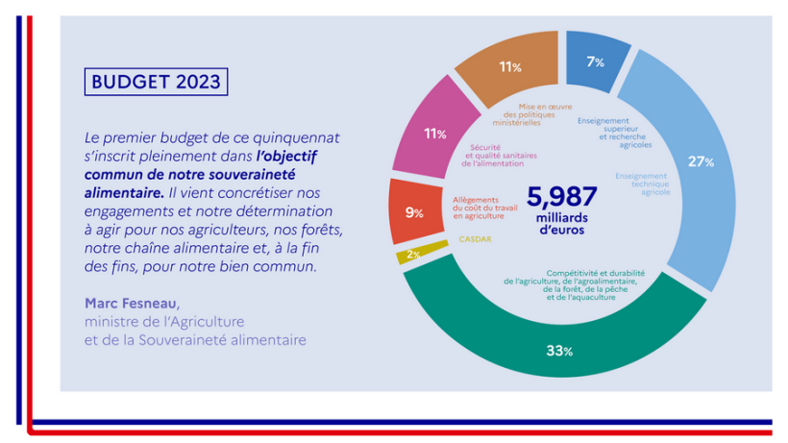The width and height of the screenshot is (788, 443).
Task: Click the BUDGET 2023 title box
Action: pos(157,82)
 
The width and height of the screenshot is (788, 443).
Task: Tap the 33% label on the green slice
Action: pos(559,351)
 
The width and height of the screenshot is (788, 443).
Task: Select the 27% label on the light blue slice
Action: pos(701,161)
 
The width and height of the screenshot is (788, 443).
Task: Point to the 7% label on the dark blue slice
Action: pos(595,62)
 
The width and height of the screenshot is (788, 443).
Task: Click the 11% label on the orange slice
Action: pos(509,67)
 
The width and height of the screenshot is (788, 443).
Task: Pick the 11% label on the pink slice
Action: pos(434,134)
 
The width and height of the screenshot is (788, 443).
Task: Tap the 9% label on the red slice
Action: pos(414,212)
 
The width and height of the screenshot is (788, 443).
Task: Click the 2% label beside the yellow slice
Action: pos(413,254)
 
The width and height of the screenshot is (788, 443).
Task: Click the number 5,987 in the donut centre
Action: pos(562,197)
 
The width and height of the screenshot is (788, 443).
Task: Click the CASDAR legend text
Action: pos(476,238)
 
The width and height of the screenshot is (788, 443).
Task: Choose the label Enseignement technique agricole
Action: pos(643,185)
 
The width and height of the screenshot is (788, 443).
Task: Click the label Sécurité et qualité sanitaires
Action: pos(502,156)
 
